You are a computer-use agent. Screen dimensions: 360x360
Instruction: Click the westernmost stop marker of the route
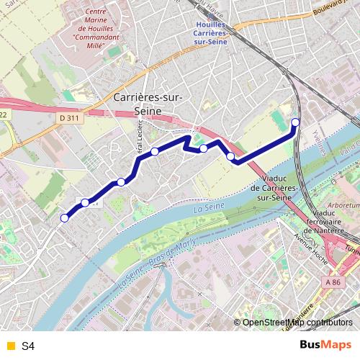click(65, 217)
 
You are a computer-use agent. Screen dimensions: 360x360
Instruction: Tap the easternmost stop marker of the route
click(295, 122)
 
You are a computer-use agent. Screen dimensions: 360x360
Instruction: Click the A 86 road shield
click(332, 283)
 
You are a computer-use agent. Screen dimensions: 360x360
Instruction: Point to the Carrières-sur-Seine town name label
click(148, 104)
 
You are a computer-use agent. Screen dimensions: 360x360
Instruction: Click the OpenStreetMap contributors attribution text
click(297, 323)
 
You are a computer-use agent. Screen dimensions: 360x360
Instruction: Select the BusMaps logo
click(326, 346)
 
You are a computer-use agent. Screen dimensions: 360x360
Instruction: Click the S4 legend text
click(28, 346)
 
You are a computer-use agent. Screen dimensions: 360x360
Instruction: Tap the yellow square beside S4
click(9, 346)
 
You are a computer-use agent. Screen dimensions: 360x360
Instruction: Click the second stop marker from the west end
click(85, 203)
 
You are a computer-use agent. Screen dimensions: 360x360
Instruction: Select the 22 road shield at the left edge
click(4, 114)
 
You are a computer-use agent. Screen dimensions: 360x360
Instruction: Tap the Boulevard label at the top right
click(336, 8)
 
